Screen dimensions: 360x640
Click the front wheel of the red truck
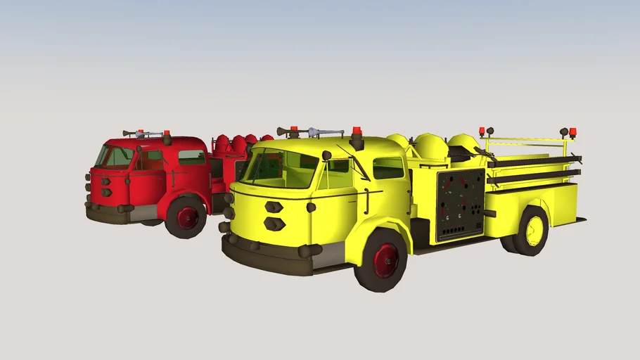(186, 217)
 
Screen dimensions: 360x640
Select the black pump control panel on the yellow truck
(461, 204)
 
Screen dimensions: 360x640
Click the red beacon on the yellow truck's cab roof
(357, 131)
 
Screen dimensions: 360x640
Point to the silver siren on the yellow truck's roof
(320, 131)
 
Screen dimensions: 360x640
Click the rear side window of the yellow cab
(388, 168)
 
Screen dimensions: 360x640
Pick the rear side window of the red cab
(192, 157)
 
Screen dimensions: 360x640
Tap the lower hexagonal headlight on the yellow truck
(274, 224)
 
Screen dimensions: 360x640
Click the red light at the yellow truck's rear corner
(572, 131)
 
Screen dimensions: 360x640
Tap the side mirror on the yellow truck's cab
(326, 155)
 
